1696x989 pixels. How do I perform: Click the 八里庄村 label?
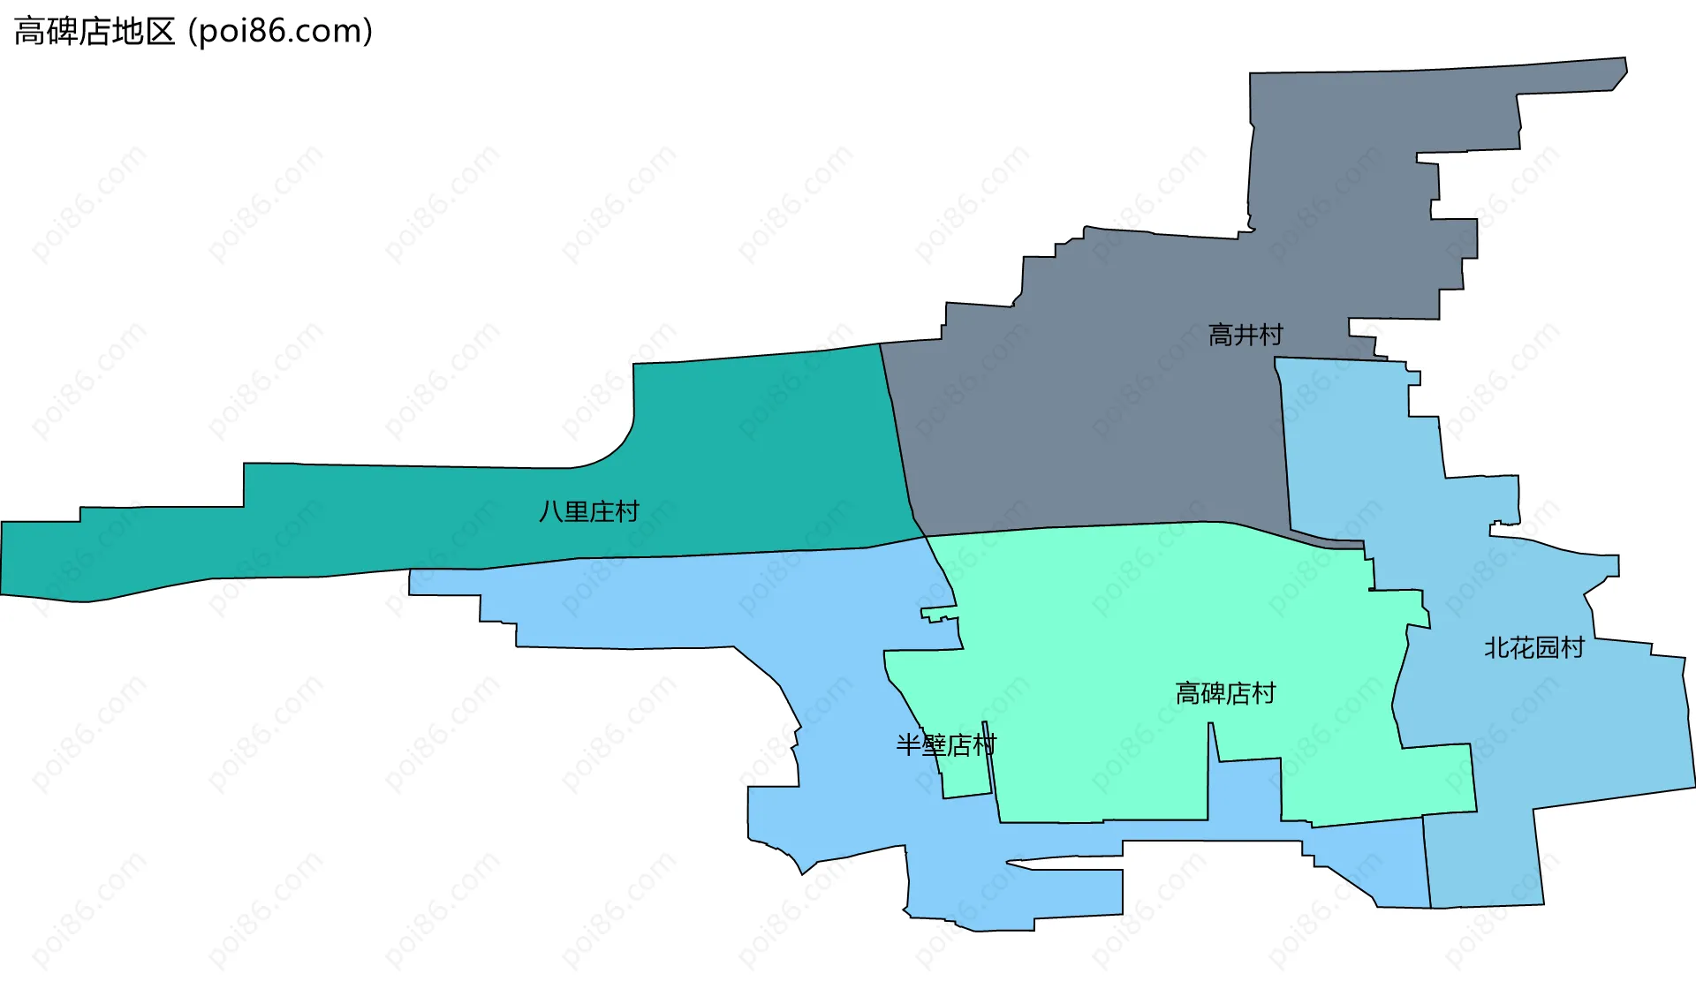click(x=588, y=511)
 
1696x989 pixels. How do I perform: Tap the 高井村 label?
click(x=1245, y=336)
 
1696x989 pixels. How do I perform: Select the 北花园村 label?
click(x=1533, y=648)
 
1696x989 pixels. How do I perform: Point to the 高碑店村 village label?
click(x=1225, y=694)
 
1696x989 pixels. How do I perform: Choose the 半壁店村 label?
click(x=945, y=745)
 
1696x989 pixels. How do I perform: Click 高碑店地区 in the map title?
click(x=95, y=32)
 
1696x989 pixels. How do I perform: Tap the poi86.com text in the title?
click(x=281, y=32)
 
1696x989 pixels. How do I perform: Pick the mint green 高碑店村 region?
click(x=1148, y=618)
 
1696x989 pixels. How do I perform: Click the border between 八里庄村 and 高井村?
click(x=897, y=433)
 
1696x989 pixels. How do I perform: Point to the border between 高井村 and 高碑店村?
click(x=1104, y=525)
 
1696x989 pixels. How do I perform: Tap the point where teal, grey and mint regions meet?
click(x=924, y=536)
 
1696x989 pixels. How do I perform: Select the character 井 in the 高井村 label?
click(x=1245, y=336)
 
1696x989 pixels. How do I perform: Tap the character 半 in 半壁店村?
click(x=908, y=745)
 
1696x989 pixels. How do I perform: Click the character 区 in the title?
click(x=161, y=32)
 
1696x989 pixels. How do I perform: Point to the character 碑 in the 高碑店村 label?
click(x=1213, y=694)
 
